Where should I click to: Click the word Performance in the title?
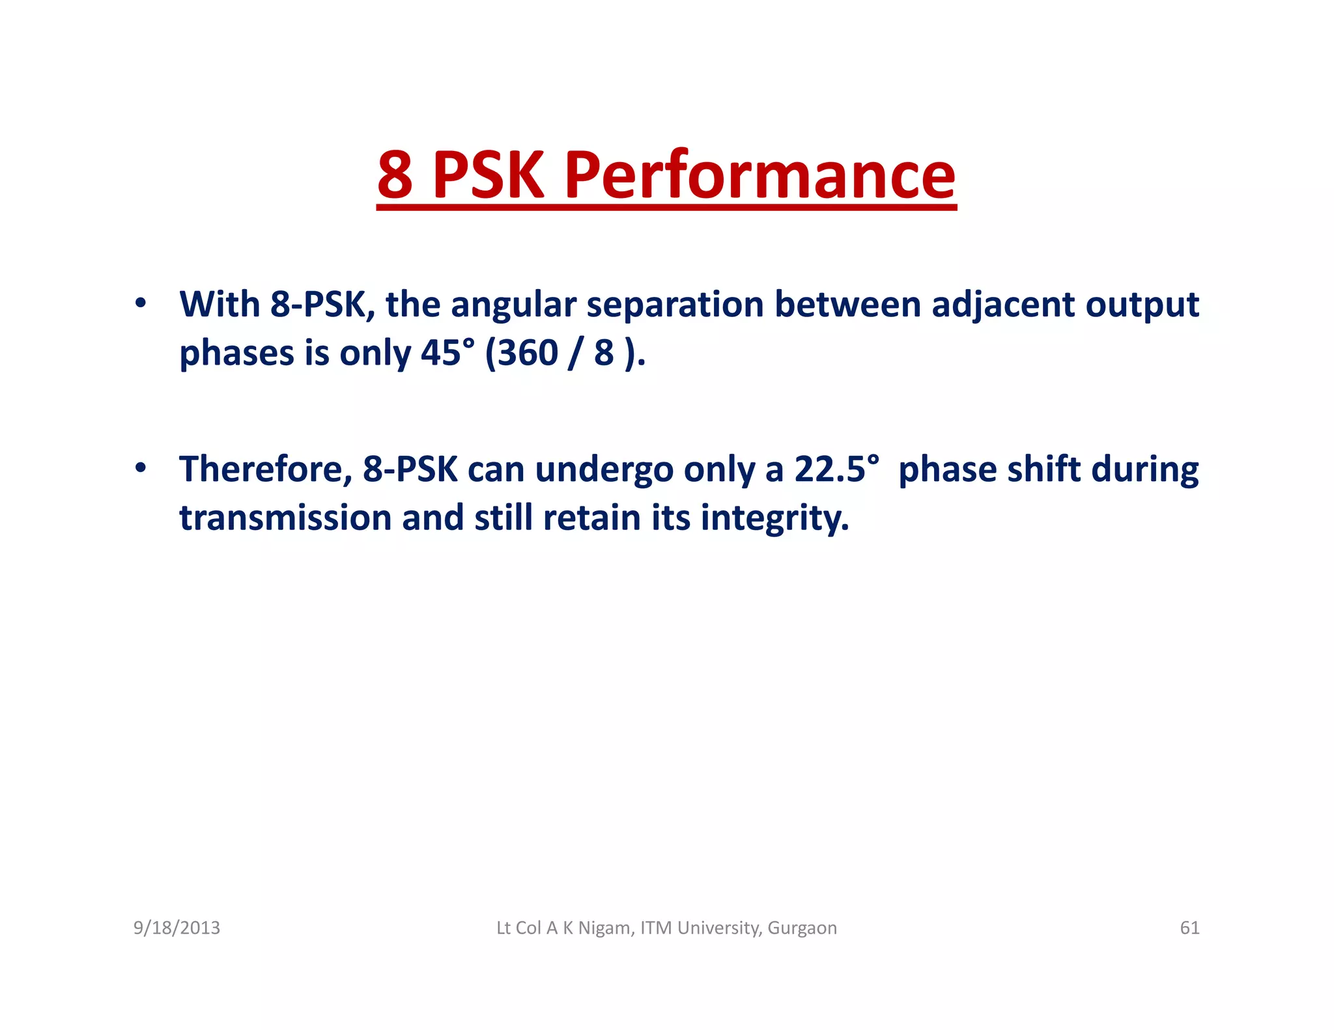(x=760, y=175)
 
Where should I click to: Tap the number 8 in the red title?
(x=395, y=175)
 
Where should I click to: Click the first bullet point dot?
(x=140, y=303)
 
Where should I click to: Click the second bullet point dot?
(x=140, y=467)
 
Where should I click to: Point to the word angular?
(x=513, y=305)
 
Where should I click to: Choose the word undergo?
(x=604, y=470)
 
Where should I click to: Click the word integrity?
(x=774, y=519)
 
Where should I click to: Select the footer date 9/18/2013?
(x=177, y=928)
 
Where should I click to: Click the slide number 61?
(x=1189, y=928)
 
